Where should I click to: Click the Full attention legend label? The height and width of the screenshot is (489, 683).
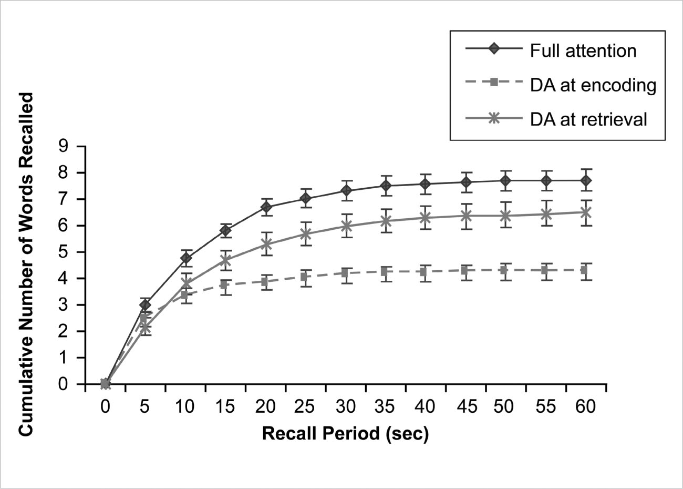[583, 50]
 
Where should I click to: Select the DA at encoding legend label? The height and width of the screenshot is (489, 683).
[593, 85]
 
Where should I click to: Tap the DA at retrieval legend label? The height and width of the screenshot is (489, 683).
[588, 119]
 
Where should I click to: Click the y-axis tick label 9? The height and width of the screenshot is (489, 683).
[64, 146]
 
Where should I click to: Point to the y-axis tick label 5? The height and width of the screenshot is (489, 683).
[64, 252]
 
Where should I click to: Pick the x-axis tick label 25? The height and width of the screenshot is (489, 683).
[305, 407]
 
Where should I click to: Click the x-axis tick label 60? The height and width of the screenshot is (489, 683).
[585, 407]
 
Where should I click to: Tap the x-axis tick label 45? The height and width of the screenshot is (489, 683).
[465, 407]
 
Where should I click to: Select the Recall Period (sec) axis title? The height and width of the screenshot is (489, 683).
[345, 434]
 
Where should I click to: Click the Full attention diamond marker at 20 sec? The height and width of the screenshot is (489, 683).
[266, 207]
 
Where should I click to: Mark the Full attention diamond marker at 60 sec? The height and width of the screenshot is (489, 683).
[586, 181]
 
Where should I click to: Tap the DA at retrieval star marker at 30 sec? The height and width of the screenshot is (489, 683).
[346, 226]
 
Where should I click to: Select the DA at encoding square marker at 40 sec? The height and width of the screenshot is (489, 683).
[426, 272]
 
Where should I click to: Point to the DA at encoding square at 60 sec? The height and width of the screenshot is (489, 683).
[586, 270]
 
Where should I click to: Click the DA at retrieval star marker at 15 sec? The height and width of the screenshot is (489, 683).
[226, 260]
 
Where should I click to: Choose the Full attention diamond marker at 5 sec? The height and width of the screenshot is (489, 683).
[146, 305]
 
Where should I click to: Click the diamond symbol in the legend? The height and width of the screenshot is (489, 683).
[494, 49]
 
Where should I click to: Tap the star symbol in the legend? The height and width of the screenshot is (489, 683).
[494, 118]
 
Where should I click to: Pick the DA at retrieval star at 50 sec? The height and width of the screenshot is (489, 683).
[505, 216]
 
